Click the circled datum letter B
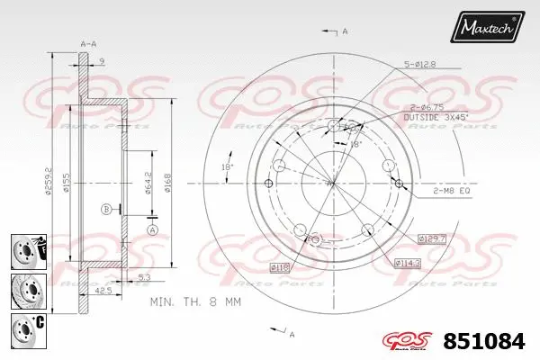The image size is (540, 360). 106,209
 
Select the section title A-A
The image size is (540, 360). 88,43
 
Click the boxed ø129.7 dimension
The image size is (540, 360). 432,238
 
